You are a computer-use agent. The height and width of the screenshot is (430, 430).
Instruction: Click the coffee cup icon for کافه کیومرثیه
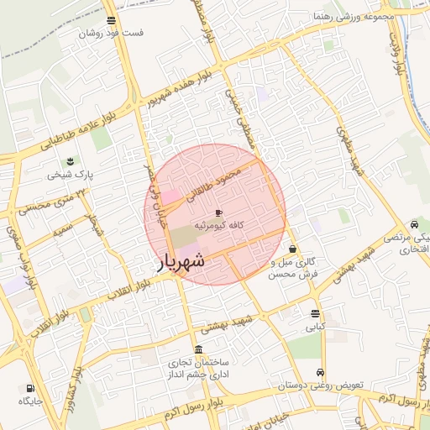(x=219, y=214)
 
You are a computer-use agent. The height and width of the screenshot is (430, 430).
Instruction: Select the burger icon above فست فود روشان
(x=112, y=21)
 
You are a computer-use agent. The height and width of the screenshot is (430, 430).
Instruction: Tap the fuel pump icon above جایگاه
(x=31, y=389)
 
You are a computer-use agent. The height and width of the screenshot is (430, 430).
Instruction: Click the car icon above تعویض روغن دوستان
(x=320, y=372)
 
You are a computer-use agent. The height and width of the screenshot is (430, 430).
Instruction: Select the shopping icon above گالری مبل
(x=292, y=249)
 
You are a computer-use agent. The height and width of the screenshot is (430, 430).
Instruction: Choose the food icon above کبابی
(x=314, y=314)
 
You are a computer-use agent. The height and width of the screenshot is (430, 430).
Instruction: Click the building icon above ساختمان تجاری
(x=198, y=349)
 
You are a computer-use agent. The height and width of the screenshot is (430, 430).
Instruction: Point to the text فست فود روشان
(x=112, y=34)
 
